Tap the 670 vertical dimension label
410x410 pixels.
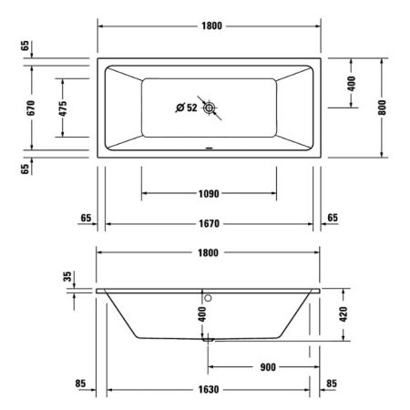(x=31, y=108)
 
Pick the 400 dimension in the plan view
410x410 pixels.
(x=352, y=83)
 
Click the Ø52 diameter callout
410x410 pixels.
(x=187, y=109)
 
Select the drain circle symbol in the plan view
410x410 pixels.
(x=210, y=109)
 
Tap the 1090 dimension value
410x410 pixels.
(x=210, y=193)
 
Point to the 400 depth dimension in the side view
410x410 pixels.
(x=202, y=314)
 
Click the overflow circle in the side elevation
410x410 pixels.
(x=209, y=296)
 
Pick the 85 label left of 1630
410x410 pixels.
(x=80, y=384)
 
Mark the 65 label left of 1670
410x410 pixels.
(x=86, y=218)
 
